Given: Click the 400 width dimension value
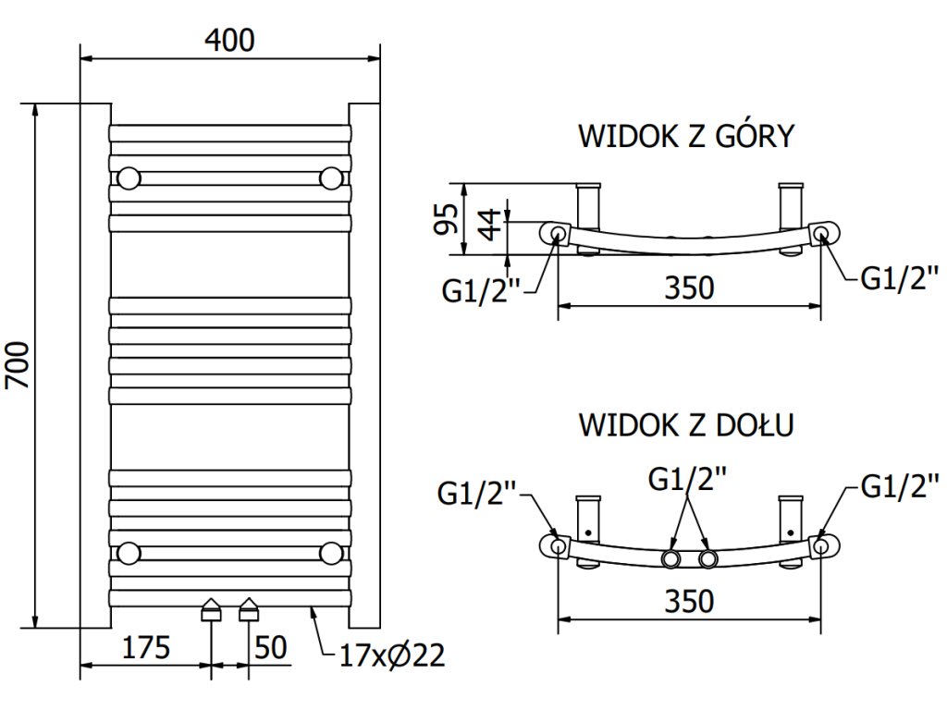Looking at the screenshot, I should click(229, 40).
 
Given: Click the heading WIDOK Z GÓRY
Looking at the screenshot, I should click(686, 136).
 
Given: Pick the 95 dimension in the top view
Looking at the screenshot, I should click(448, 219).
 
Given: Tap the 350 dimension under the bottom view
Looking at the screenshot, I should click(690, 601).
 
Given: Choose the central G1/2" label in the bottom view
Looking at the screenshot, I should click(687, 479).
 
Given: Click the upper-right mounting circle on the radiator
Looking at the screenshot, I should click(330, 177).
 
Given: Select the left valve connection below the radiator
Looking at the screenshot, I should click(212, 610).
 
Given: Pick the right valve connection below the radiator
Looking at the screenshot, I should click(249, 610).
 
